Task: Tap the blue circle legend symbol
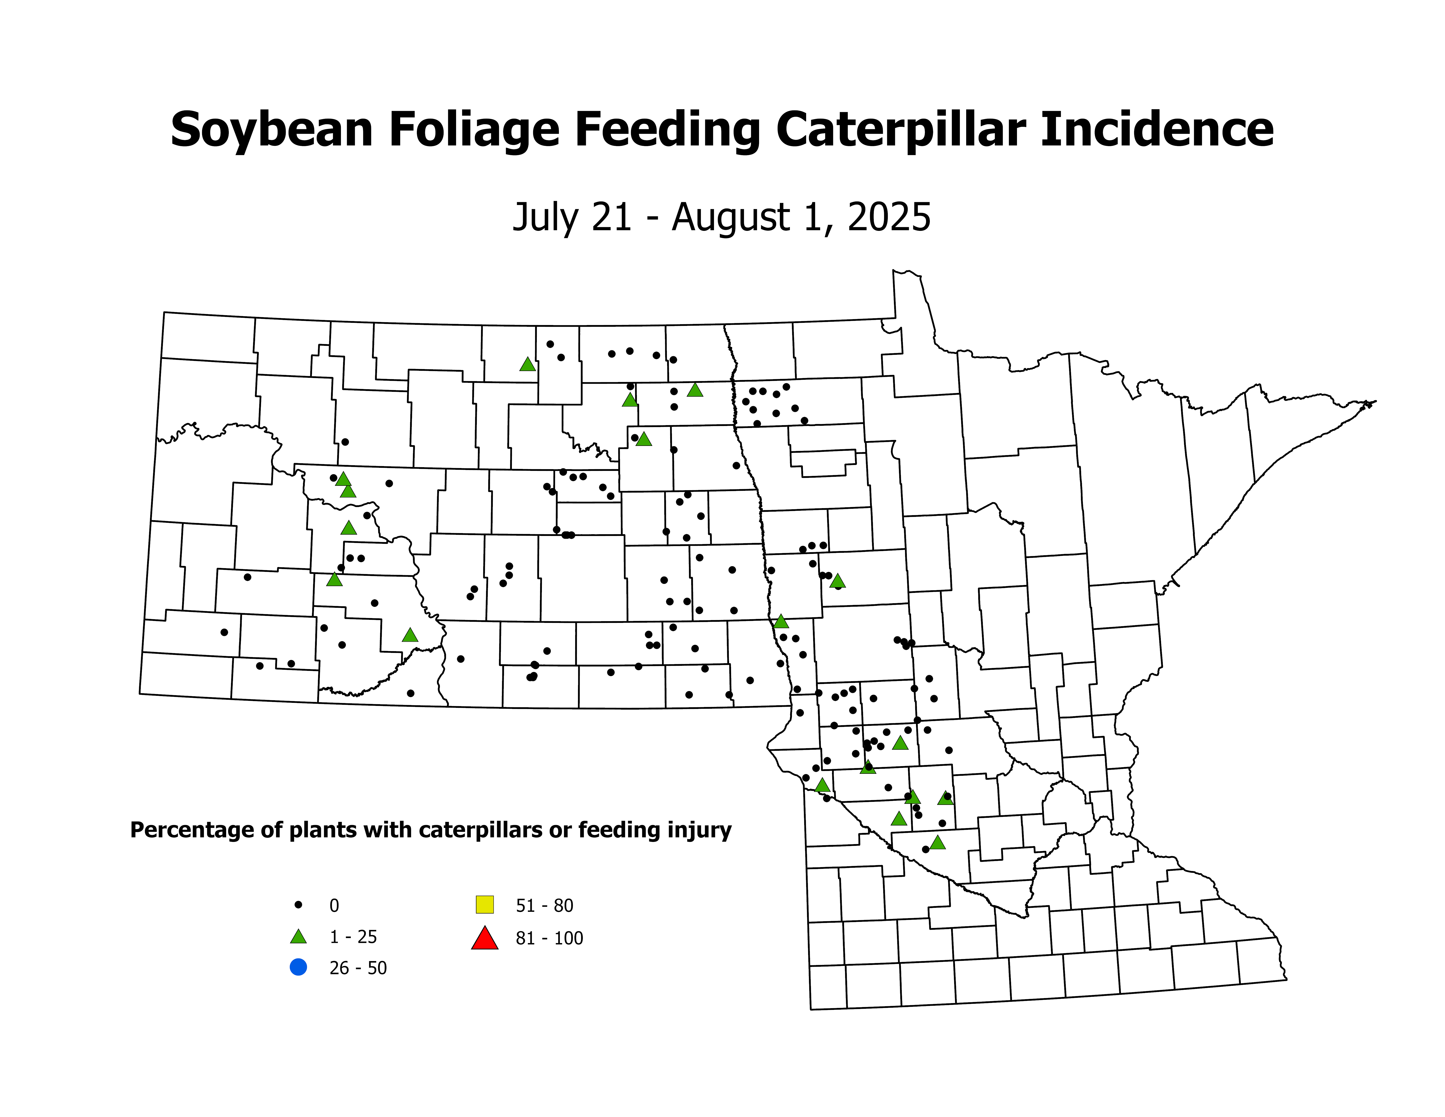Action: click(298, 967)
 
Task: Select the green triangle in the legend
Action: click(298, 936)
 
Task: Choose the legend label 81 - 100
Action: click(549, 938)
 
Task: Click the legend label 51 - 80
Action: click(544, 905)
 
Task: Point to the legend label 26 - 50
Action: click(358, 968)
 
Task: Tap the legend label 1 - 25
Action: click(353, 937)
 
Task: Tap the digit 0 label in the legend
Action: click(334, 905)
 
